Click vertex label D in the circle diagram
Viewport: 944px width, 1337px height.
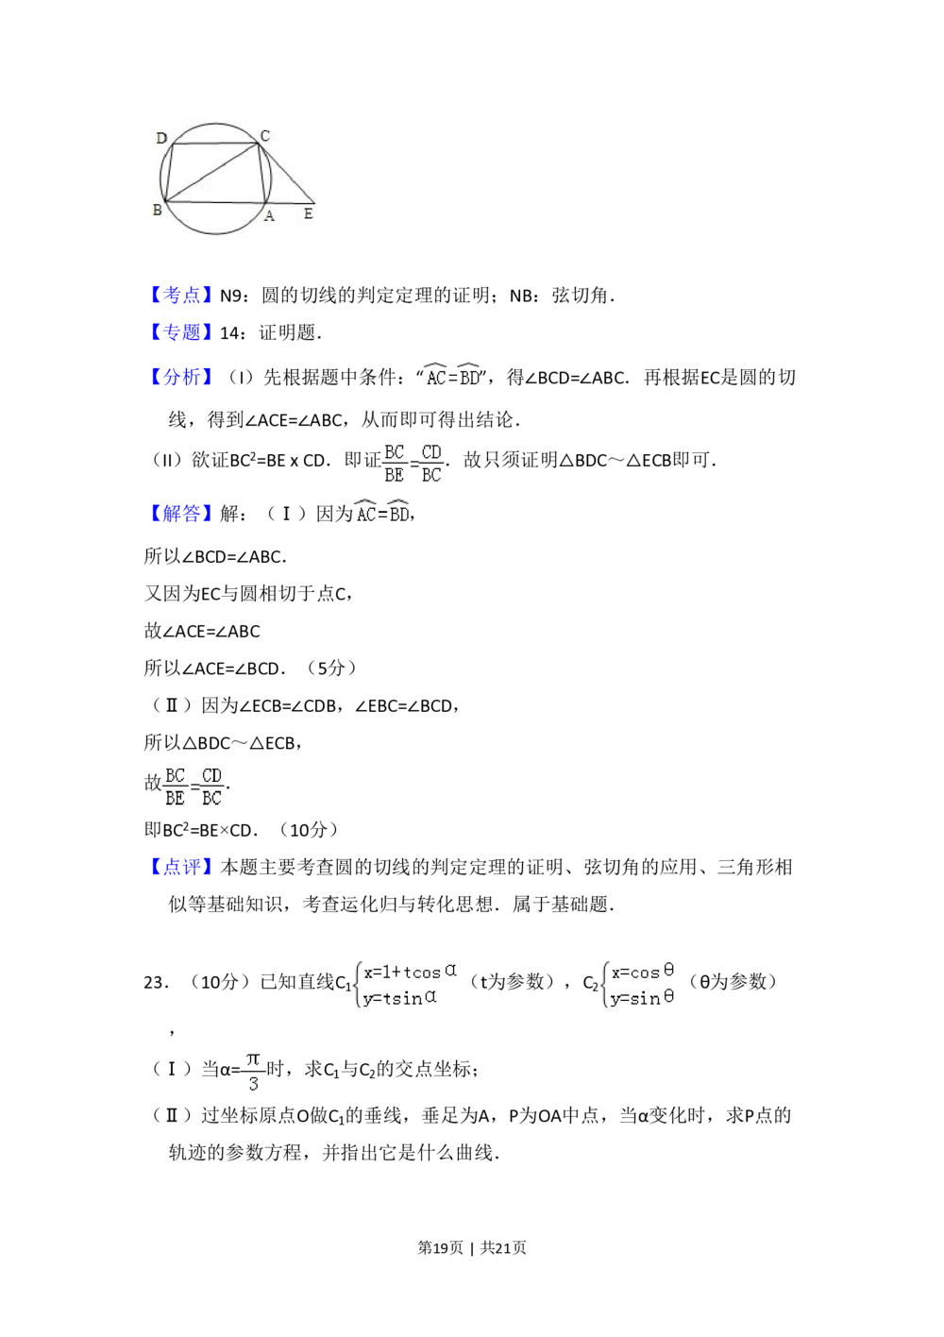click(x=161, y=139)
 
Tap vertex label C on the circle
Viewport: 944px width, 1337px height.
click(x=265, y=136)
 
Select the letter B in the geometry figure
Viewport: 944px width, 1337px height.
click(x=157, y=210)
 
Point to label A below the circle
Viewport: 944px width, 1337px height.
click(x=269, y=216)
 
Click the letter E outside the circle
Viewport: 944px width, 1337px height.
click(x=308, y=214)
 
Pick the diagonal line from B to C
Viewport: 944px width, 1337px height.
click(x=211, y=172)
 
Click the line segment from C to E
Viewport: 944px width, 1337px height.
click(x=286, y=174)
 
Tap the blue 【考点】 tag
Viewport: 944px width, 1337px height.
click(x=181, y=295)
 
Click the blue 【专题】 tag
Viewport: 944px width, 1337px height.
click(x=181, y=332)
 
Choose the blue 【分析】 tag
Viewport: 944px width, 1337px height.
click(x=181, y=377)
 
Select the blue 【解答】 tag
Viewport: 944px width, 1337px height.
click(x=181, y=515)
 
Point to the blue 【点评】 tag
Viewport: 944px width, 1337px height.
click(x=181, y=866)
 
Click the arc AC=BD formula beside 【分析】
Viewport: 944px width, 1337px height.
click(x=453, y=375)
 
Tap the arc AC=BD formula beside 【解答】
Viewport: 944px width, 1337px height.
click(x=382, y=513)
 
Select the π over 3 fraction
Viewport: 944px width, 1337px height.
click(x=253, y=1073)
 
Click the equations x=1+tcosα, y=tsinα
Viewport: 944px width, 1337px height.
click(x=408, y=985)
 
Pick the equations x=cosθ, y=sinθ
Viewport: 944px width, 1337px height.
click(x=642, y=985)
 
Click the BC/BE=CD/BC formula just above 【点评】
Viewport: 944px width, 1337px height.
click(x=194, y=786)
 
